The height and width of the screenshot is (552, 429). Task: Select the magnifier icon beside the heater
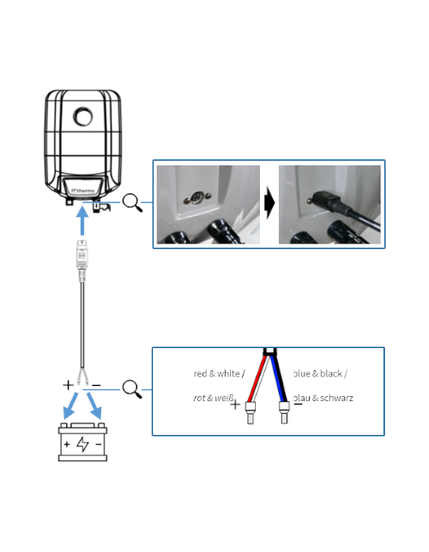(133, 203)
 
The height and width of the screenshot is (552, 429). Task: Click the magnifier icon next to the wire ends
(133, 389)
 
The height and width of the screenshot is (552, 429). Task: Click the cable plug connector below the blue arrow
(82, 258)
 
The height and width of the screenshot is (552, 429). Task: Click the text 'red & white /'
(220, 373)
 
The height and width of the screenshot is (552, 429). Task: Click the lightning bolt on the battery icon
(82, 445)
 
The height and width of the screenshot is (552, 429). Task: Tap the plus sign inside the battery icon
(66, 445)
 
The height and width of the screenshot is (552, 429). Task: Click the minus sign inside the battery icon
(100, 445)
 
